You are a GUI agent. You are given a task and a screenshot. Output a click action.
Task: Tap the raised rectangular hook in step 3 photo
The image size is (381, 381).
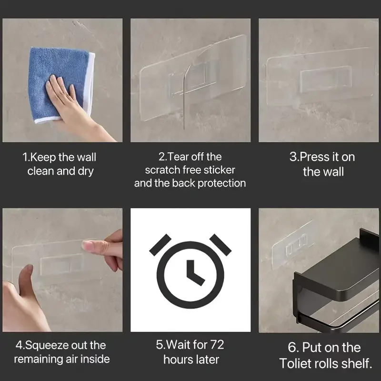(x=326, y=79)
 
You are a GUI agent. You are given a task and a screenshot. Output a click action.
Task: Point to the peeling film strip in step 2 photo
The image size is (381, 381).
(x=185, y=95)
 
